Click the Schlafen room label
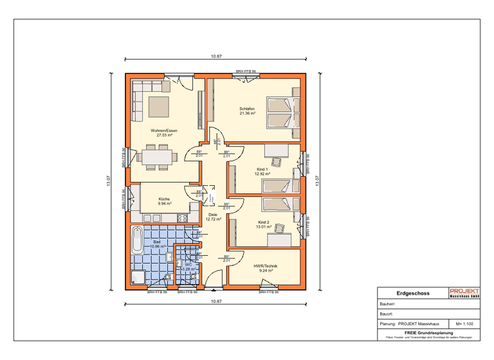(x=248, y=111)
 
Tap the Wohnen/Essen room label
(x=164, y=133)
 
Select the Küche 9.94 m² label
(x=164, y=201)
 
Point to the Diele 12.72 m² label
(x=214, y=217)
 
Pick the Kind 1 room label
(x=262, y=171)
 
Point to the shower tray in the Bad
(x=138, y=276)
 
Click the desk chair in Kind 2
(x=279, y=228)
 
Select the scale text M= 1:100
(x=464, y=324)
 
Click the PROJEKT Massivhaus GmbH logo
(x=464, y=293)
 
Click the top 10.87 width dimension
(x=216, y=57)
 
